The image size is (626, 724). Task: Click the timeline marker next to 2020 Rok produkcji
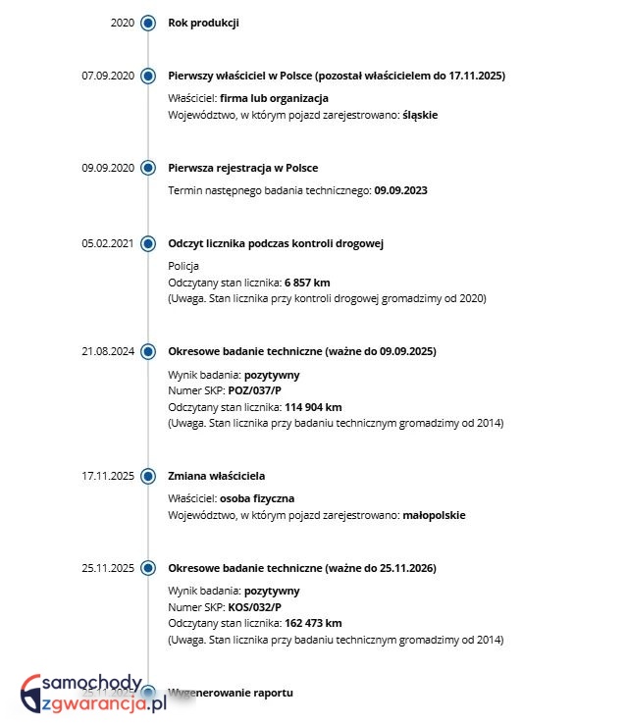(x=148, y=23)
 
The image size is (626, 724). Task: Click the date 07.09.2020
(x=108, y=76)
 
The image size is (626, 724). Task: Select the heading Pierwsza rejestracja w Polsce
(x=243, y=168)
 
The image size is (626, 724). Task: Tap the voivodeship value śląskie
(x=420, y=115)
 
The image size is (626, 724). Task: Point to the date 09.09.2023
(x=401, y=190)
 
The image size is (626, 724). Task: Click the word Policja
(x=183, y=266)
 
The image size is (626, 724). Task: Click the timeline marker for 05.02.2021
(x=148, y=243)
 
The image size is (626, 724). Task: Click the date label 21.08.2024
(x=108, y=351)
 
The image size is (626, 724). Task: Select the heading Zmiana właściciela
(x=217, y=476)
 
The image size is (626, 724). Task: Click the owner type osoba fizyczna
(x=257, y=498)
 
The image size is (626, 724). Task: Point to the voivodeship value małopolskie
(x=435, y=515)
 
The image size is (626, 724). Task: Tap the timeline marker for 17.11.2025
(x=148, y=476)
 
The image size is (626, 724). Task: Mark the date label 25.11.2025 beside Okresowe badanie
(x=108, y=568)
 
